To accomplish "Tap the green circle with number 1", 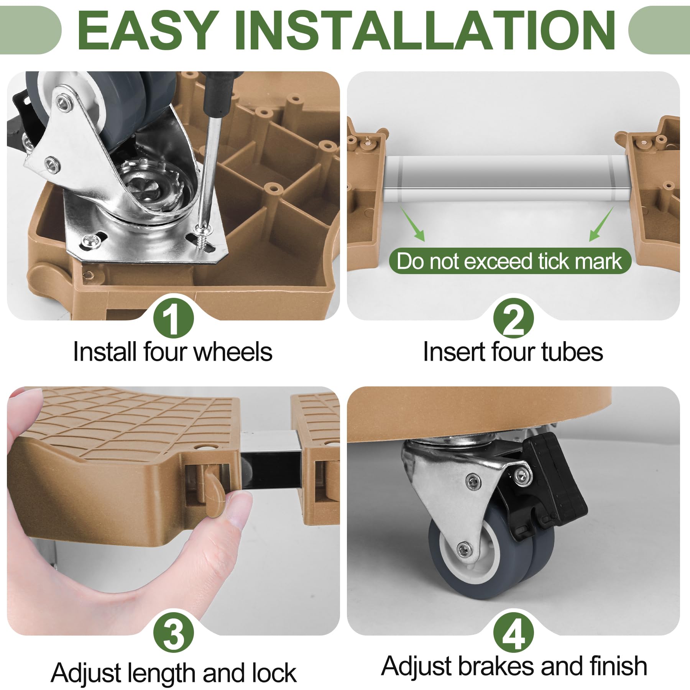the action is (173, 317).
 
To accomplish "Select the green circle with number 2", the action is (513, 317).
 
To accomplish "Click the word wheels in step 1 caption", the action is (233, 352).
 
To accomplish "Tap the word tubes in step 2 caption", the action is (572, 352).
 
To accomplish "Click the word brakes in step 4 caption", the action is (496, 666).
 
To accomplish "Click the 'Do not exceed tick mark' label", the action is (510, 261).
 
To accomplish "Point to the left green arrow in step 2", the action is (413, 224).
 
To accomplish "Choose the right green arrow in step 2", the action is (601, 224).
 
